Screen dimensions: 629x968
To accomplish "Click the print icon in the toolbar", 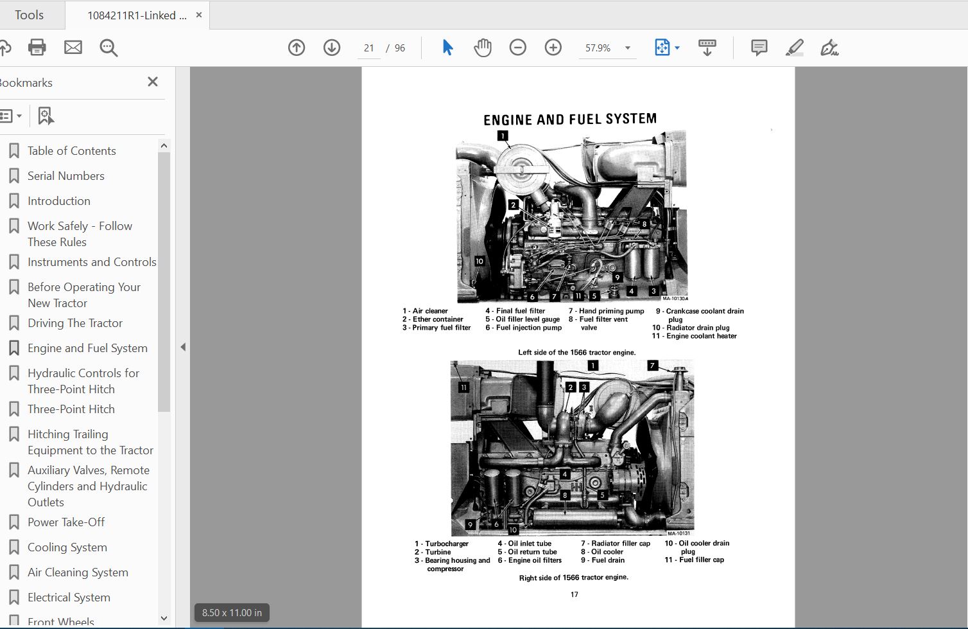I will (x=37, y=48).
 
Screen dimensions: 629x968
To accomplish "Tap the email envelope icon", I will (x=73, y=48).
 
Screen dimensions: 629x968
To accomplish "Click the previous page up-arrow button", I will (x=297, y=48).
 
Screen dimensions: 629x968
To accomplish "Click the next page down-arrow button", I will (x=332, y=48).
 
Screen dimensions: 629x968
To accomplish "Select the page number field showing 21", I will (x=369, y=48).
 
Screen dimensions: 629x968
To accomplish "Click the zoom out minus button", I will (x=518, y=48).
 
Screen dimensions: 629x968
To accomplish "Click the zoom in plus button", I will (x=553, y=48).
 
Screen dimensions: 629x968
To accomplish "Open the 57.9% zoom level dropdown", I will (x=627, y=48).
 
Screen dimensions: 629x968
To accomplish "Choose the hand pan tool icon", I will (x=483, y=48).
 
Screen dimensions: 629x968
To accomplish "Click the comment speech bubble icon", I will (x=759, y=48).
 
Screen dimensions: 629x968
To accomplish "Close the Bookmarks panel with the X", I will (x=152, y=82).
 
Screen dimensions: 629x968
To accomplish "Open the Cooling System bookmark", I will (x=67, y=547).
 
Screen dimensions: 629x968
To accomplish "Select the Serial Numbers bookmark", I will (x=65, y=176).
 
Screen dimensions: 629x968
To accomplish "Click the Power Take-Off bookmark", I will (x=65, y=522).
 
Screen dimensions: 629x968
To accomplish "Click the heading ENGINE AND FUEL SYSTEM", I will (x=569, y=120).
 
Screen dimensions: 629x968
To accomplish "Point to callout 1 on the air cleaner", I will (x=503, y=136).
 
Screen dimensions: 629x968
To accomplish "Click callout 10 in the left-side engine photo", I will (x=480, y=261).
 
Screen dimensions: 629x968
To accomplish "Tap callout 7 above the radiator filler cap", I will (x=652, y=366).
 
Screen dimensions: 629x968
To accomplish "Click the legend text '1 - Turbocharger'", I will (x=442, y=544).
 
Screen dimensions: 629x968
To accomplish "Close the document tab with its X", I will (x=199, y=15).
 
